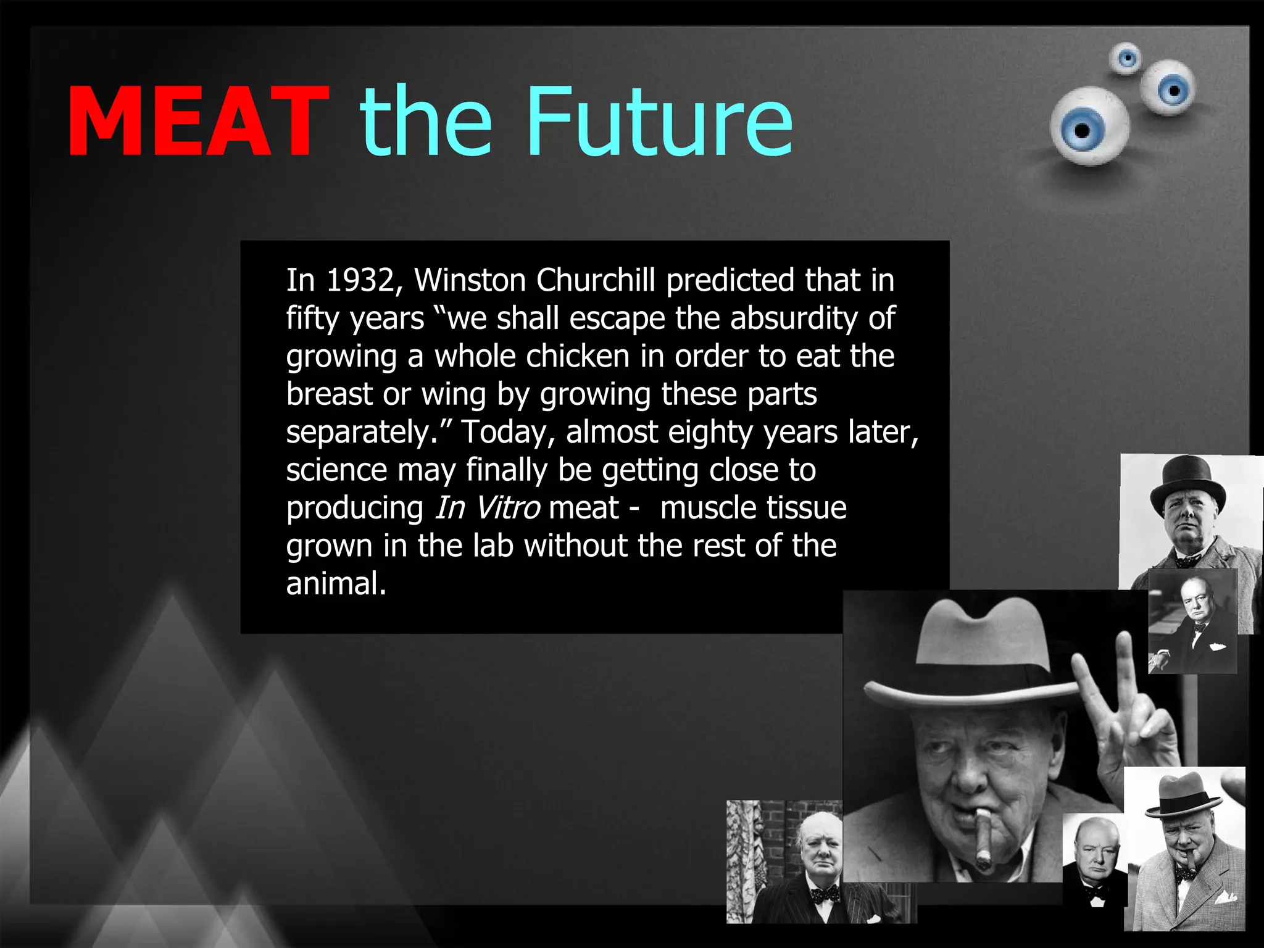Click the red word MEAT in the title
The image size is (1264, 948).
pyautogui.click(x=197, y=121)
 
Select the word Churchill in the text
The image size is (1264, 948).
pyautogui.click(x=596, y=281)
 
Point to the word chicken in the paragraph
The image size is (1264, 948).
pyautogui.click(x=578, y=357)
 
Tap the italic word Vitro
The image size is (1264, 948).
pyautogui.click(x=507, y=509)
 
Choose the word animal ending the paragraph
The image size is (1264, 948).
pyautogui.click(x=336, y=584)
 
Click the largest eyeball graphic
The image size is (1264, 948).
pyautogui.click(x=1089, y=127)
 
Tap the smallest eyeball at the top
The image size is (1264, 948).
pyautogui.click(x=1126, y=59)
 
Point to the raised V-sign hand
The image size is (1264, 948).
pyautogui.click(x=1117, y=710)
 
